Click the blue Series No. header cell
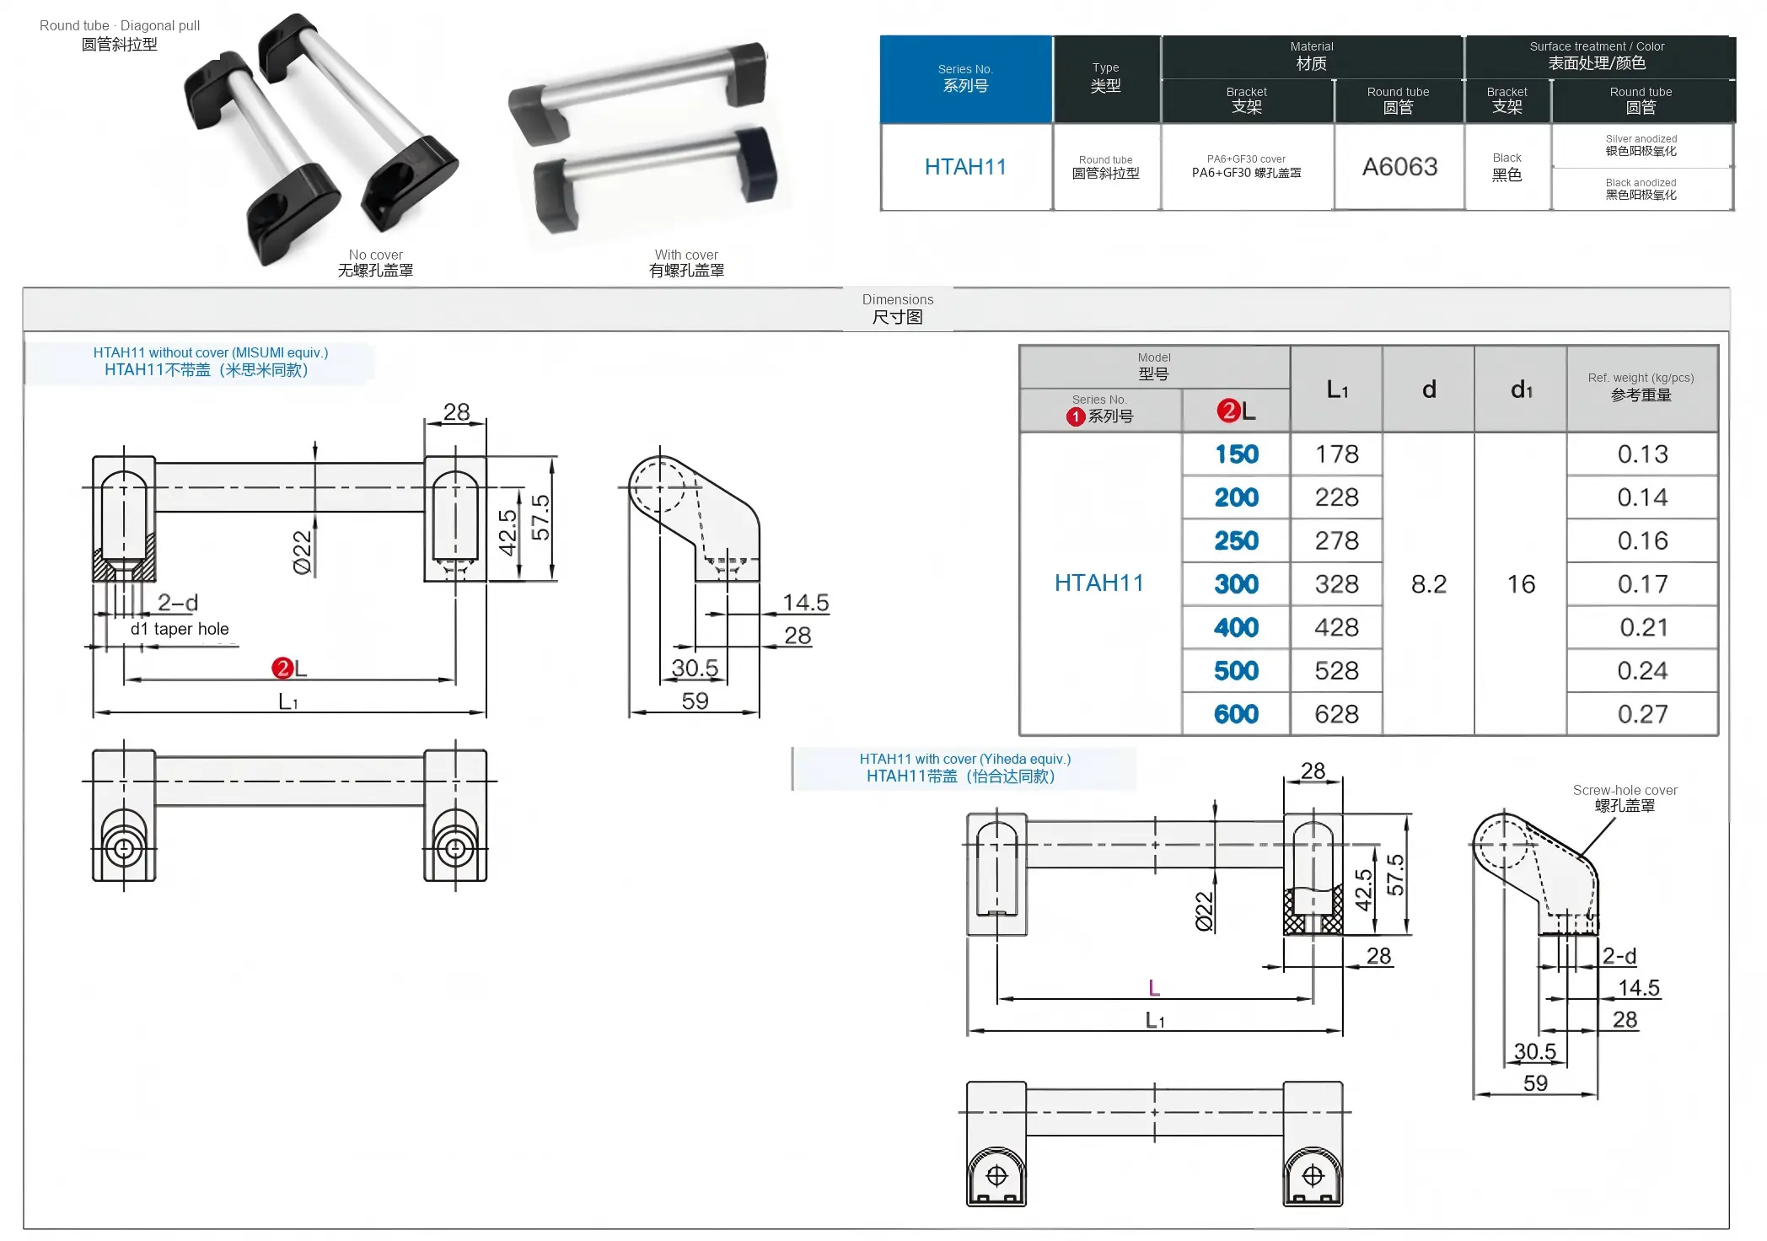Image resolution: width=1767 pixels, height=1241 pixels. tap(966, 78)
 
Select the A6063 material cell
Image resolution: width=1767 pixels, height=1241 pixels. tap(1399, 167)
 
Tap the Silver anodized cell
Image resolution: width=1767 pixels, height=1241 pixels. tap(1641, 145)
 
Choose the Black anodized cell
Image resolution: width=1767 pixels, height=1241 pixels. tap(1641, 189)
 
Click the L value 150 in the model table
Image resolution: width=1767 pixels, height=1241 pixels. tap(1236, 454)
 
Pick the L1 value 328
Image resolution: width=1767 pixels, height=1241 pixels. tap(1337, 584)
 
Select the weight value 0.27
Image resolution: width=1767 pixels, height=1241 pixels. tap(1642, 714)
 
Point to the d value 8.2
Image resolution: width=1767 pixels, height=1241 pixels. tap(1429, 584)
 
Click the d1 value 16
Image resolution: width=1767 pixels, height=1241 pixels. tap(1521, 584)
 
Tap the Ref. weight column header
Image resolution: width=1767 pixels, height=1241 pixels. tap(1641, 387)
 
